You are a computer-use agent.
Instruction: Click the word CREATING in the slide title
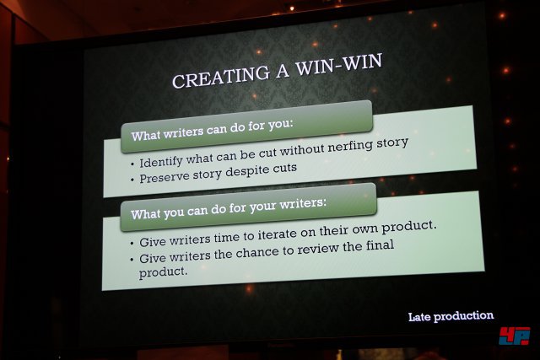coord(221,77)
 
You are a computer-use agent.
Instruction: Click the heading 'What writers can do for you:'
coord(212,130)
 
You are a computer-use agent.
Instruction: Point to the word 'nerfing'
coord(350,147)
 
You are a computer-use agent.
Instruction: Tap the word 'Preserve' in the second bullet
coord(165,178)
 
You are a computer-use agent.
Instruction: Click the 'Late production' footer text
coord(451,316)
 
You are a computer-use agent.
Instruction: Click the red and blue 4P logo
coord(515,336)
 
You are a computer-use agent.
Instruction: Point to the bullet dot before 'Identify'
coord(133,164)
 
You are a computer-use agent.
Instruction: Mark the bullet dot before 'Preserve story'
coord(133,180)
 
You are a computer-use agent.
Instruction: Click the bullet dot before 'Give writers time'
coord(132,244)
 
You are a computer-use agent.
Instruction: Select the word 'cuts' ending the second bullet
coord(285,169)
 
